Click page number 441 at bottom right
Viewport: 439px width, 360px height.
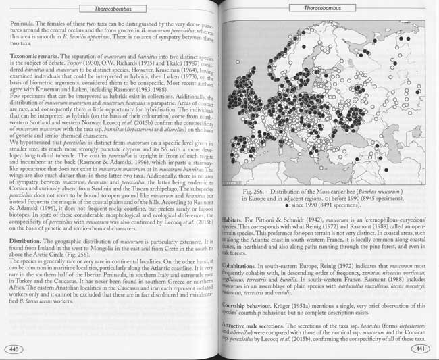point(420,349)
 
